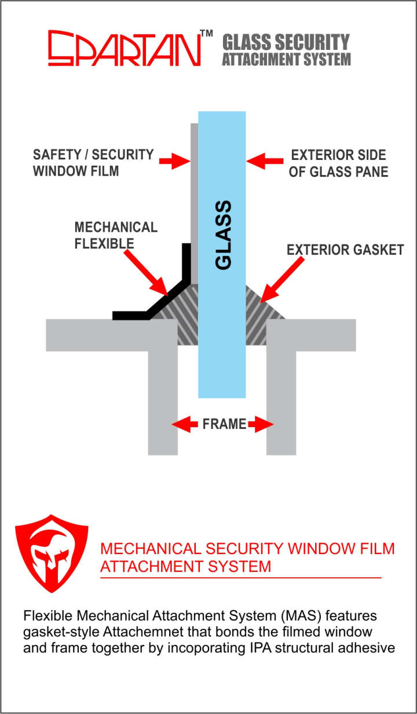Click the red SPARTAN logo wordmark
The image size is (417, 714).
pyautogui.click(x=125, y=48)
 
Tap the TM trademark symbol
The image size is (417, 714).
pyautogui.click(x=206, y=34)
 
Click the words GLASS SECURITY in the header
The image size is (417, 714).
pyautogui.click(x=286, y=42)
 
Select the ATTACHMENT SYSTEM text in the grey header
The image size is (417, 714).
pyautogui.click(x=286, y=59)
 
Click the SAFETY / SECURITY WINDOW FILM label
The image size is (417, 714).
pyautogui.click(x=93, y=162)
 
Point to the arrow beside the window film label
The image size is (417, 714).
pyautogui.click(x=174, y=161)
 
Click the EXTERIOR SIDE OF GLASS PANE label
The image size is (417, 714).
pyautogui.click(x=338, y=163)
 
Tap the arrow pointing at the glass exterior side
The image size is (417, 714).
pyautogui.click(x=265, y=161)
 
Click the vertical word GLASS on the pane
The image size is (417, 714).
pyautogui.click(x=223, y=235)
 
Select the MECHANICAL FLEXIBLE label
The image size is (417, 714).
pyautogui.click(x=116, y=235)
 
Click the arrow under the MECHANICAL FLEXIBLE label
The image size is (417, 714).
pyautogui.click(x=146, y=273)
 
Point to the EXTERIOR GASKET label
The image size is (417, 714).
pyautogui.click(x=345, y=250)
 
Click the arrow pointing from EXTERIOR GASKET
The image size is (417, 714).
pyautogui.click(x=282, y=279)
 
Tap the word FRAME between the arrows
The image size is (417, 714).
pyautogui.click(x=224, y=424)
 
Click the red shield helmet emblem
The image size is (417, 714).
pyautogui.click(x=52, y=553)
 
